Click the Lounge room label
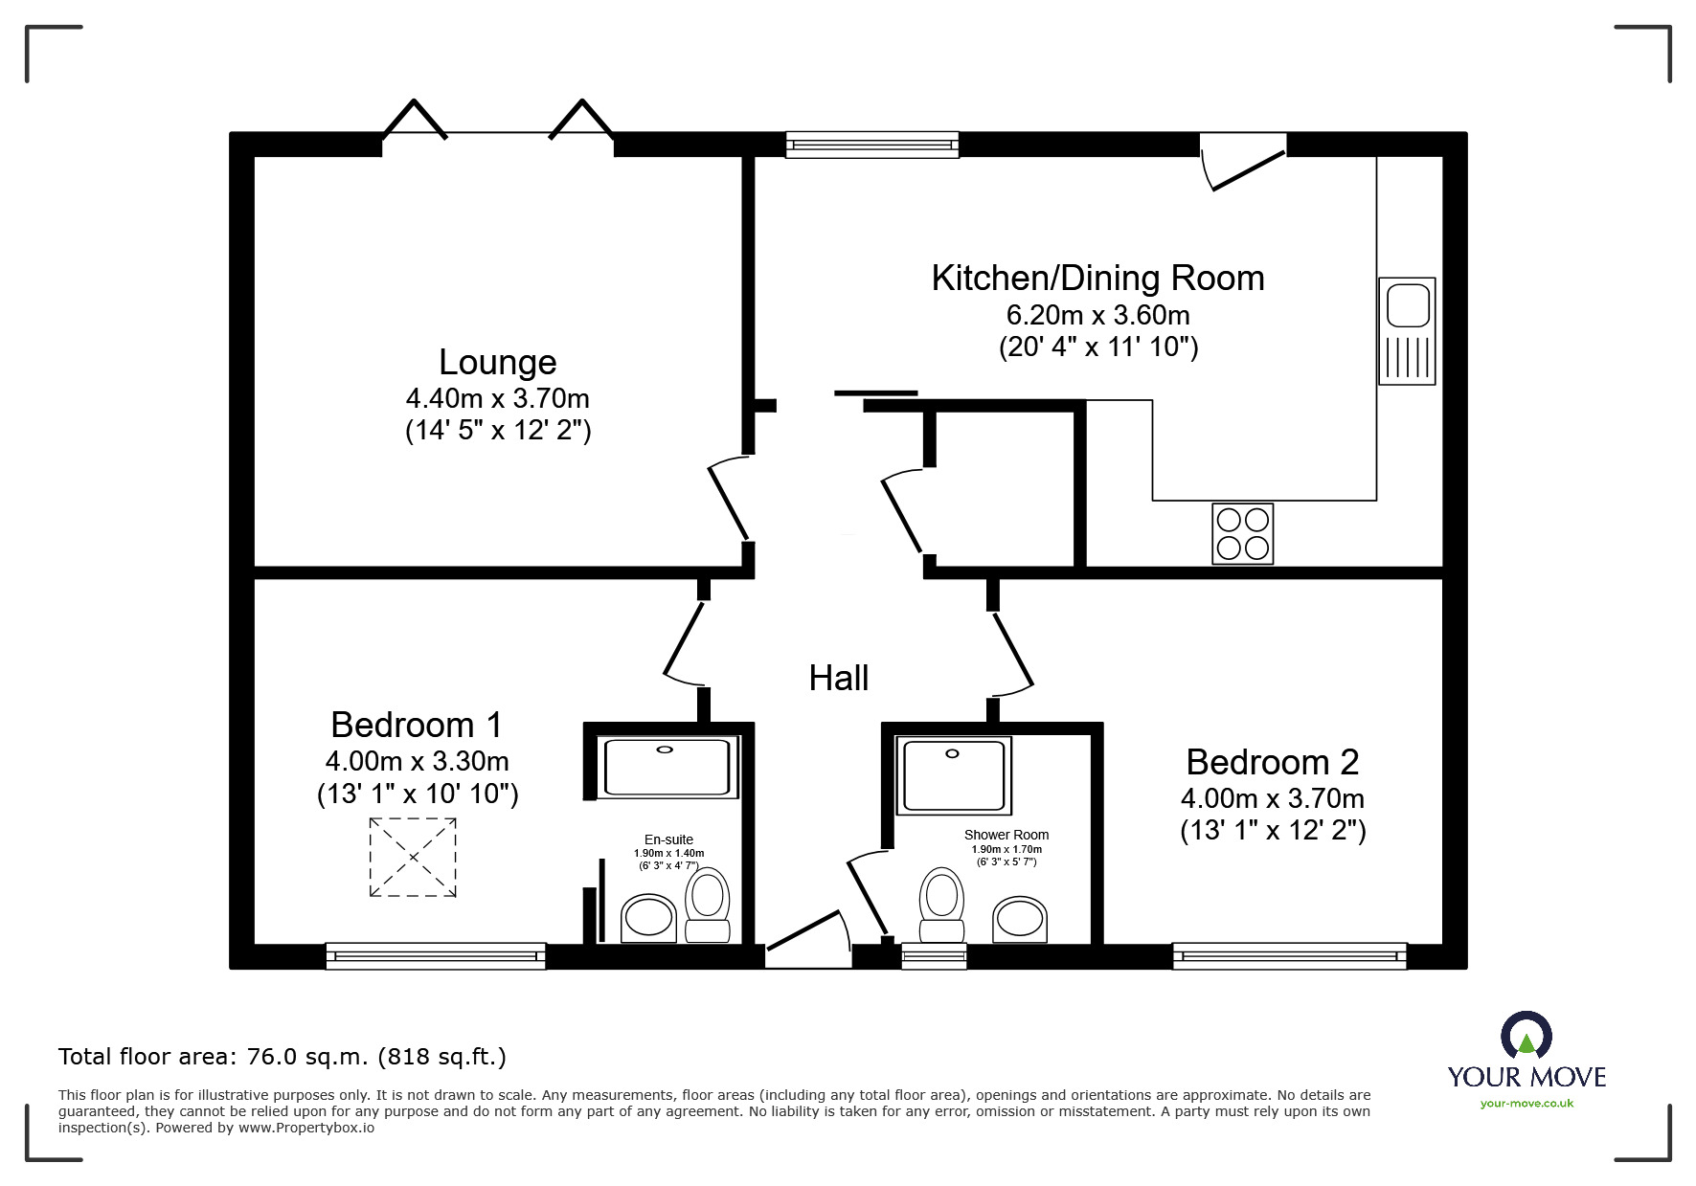tap(497, 362)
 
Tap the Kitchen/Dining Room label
tap(1097, 278)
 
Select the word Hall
tap(839, 678)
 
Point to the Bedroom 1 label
tap(417, 725)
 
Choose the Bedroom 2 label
tap(1273, 762)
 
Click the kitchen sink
tap(1407, 331)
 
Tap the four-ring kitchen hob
tap(1242, 533)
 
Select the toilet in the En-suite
tap(708, 905)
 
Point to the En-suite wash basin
tap(648, 919)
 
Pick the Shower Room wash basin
tap(1019, 920)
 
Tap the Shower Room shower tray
tap(953, 775)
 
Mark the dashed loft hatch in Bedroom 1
tap(413, 858)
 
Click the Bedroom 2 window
tap(1290, 955)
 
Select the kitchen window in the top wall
tap(871, 145)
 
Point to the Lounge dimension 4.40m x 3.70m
tap(498, 398)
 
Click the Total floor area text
tap(283, 1057)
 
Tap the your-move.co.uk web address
tap(1526, 1104)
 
